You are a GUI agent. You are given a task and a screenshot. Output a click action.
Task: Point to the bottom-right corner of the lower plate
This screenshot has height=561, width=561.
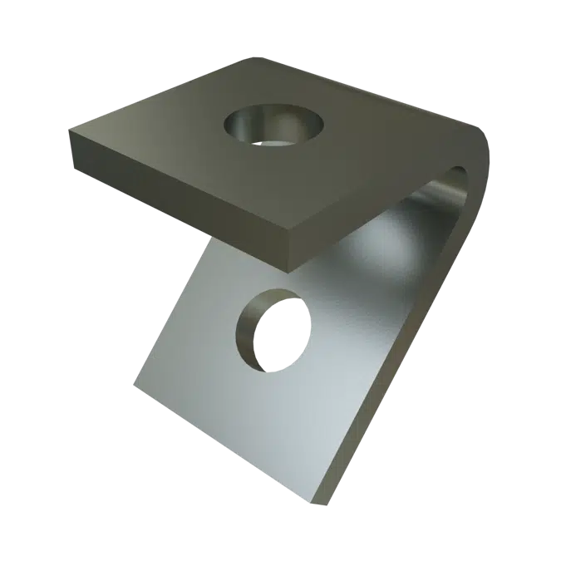(x=321, y=504)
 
